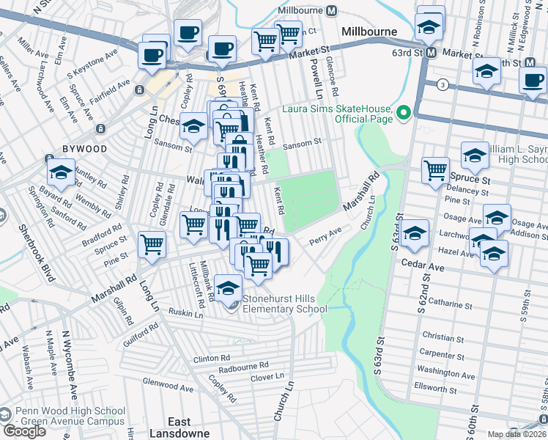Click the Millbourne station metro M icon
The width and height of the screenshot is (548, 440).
pyautogui.click(x=331, y=11)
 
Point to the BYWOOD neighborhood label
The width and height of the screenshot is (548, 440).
pyautogui.click(x=84, y=149)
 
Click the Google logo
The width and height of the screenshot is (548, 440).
pyautogui.click(x=24, y=431)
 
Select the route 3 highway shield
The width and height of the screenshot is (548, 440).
pyautogui.click(x=443, y=85)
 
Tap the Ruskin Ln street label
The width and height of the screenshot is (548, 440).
pyautogui.click(x=185, y=314)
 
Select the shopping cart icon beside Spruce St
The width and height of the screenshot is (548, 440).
pyautogui.click(x=435, y=170)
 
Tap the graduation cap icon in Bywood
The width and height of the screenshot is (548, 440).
pyautogui.click(x=61, y=172)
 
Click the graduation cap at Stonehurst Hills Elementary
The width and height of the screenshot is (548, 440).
pyautogui.click(x=229, y=287)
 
